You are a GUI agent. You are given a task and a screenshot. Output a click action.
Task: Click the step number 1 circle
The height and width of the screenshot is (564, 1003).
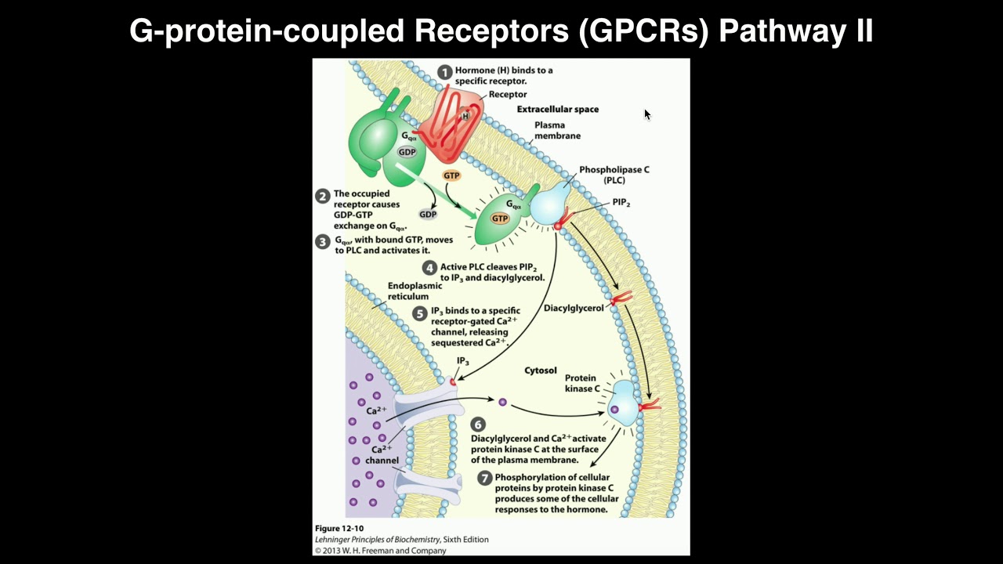445,73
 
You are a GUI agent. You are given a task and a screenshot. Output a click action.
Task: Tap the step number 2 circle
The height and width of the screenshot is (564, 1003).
322,197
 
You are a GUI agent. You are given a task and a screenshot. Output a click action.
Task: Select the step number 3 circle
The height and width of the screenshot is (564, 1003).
322,242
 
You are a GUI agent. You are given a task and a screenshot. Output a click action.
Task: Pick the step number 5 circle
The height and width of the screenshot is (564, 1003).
419,313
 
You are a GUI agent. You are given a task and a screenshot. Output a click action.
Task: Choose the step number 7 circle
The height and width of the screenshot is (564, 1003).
484,478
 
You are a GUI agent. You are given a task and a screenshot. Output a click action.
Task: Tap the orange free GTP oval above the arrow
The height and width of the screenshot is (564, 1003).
451,176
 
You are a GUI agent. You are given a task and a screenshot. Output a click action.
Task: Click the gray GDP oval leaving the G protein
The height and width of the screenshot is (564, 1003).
428,214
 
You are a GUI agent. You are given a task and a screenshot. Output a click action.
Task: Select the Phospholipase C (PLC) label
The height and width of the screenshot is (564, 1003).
614,175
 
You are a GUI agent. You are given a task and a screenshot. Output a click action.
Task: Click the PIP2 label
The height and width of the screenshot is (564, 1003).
621,203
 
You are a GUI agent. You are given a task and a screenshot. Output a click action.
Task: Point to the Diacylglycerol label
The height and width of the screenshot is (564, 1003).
574,309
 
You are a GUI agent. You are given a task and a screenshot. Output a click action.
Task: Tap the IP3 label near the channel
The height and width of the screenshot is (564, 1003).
463,361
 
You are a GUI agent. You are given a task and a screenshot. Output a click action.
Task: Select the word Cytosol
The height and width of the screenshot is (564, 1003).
540,370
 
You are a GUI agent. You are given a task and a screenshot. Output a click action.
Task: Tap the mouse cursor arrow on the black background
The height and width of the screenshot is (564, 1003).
647,114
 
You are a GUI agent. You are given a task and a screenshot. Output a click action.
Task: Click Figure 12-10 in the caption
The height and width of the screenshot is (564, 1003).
339,529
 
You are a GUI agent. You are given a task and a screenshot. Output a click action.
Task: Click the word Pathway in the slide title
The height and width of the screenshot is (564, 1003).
770,31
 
